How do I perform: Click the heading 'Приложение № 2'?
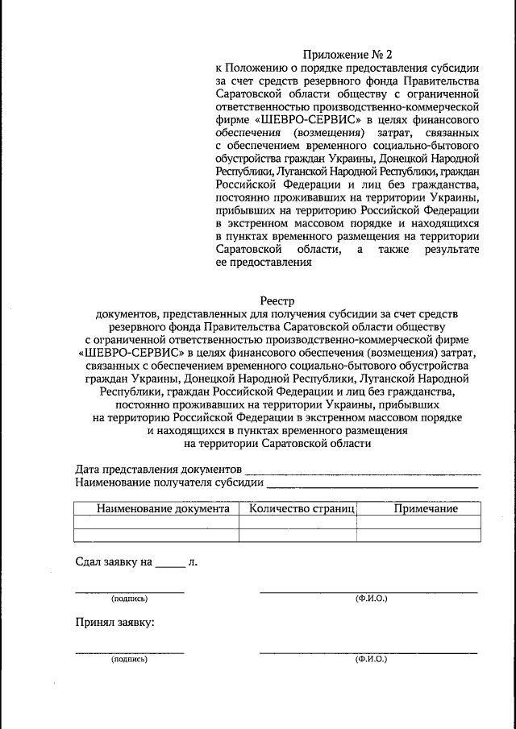pos(353,55)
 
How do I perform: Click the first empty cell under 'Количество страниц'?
pos(298,522)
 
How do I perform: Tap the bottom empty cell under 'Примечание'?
pos(419,535)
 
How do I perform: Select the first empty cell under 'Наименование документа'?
pos(156,522)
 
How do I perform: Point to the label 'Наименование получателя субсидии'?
pos(169,483)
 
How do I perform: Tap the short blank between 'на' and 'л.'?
pos(170,566)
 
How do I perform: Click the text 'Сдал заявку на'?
pos(114,562)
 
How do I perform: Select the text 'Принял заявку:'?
pos(114,623)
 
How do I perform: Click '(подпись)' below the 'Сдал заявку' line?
pos(129,599)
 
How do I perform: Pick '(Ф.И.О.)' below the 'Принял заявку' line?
pos(372,659)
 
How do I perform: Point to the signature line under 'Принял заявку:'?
pos(129,652)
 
